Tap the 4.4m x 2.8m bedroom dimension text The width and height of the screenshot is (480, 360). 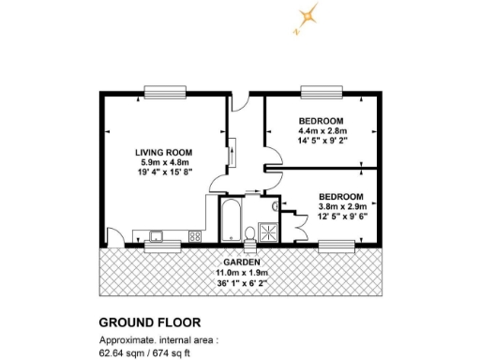321,132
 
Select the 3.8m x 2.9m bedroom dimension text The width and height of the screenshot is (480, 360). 341,206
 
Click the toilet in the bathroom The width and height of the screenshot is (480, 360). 250,232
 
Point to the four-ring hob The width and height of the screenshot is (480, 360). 196,235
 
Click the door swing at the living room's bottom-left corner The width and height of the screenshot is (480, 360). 111,237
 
